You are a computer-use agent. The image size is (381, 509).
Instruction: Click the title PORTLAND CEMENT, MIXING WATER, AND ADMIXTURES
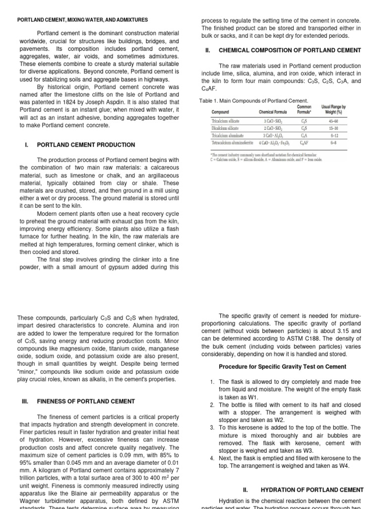pos(82,20)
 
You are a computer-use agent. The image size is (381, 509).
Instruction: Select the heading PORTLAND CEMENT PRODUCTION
pos(86,145)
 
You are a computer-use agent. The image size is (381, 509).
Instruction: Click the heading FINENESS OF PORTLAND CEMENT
pos(86,401)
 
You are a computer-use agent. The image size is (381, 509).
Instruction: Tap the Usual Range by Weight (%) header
pos(333,109)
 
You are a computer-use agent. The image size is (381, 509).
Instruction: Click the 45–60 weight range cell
pos(333,121)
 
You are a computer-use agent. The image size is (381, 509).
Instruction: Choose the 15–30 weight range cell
pos(333,128)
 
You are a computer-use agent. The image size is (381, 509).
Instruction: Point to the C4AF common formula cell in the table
pos(304,143)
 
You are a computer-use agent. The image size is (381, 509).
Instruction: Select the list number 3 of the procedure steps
pos(212,427)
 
